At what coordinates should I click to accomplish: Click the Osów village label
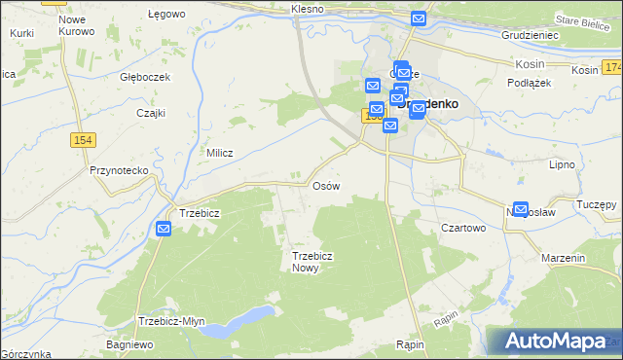324,185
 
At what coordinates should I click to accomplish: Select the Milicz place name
221,153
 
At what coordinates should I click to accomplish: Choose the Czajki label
151,113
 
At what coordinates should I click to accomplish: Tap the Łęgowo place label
165,15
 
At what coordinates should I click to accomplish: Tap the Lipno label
563,165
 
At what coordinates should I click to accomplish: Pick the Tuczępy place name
596,205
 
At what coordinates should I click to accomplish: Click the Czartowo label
463,228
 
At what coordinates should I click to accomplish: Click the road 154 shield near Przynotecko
83,141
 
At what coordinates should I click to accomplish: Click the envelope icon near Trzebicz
164,229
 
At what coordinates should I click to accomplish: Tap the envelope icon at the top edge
419,18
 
